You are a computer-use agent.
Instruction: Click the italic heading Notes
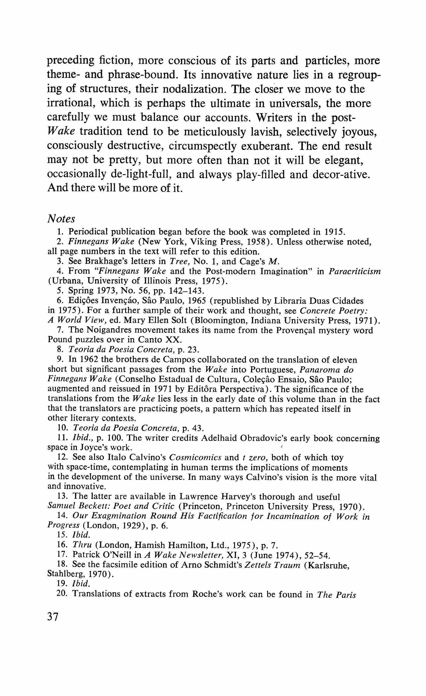click(x=61, y=219)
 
